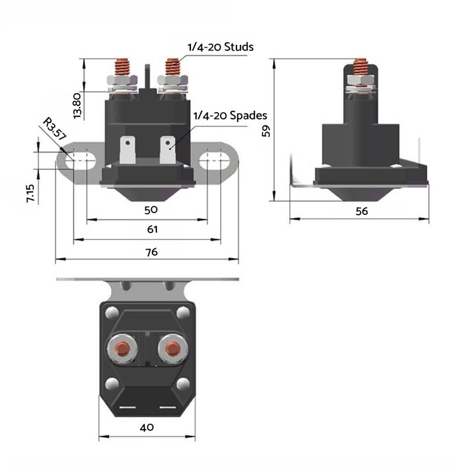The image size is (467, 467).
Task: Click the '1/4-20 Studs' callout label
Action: coord(219,47)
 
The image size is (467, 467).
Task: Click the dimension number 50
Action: coord(151,209)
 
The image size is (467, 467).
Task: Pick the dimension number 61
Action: coord(152,229)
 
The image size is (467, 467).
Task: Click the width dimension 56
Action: coord(362,211)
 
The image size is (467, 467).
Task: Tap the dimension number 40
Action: coord(147,427)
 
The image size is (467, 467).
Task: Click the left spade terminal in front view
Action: coord(127,149)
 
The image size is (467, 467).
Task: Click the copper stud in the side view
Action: coord(361,68)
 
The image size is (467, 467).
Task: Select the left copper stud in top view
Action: coord(123,348)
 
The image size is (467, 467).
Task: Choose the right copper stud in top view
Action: coord(172,348)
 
